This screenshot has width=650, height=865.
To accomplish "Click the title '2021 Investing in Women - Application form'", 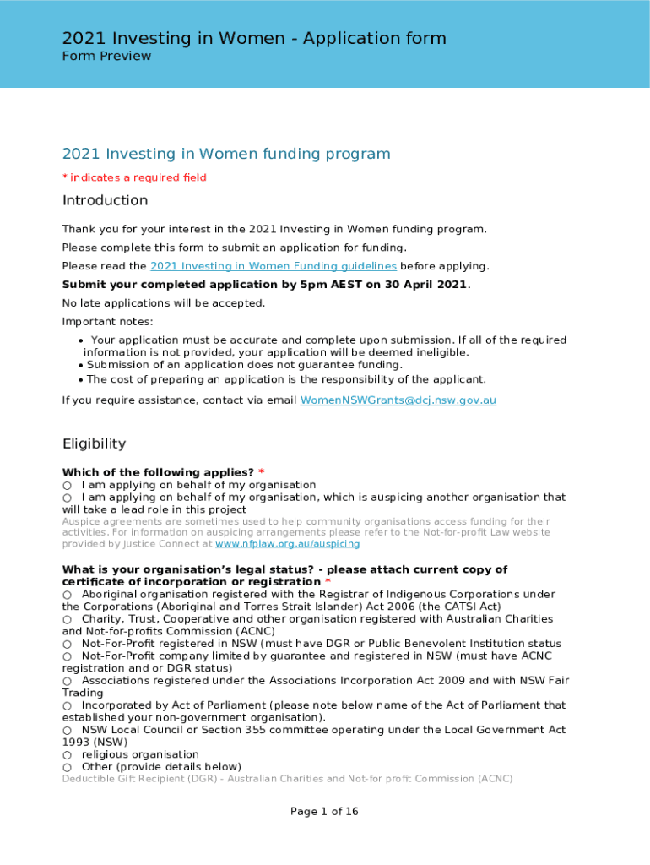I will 254,38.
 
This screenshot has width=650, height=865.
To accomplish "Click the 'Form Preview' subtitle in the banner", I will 106,57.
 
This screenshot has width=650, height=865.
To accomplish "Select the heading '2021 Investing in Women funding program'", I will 226,154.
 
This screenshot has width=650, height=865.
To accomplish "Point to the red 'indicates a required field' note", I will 138,177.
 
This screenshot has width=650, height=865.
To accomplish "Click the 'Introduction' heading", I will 105,200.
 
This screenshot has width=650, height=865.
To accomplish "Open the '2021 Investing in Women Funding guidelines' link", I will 274,266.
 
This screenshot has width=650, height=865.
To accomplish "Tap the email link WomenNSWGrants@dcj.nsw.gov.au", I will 398,400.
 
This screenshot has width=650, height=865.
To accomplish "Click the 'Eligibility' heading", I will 94,443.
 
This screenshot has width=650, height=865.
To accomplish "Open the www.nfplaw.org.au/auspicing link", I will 288,545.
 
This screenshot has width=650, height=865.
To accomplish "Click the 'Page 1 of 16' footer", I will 324,812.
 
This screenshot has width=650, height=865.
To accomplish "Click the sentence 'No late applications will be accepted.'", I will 164,303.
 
